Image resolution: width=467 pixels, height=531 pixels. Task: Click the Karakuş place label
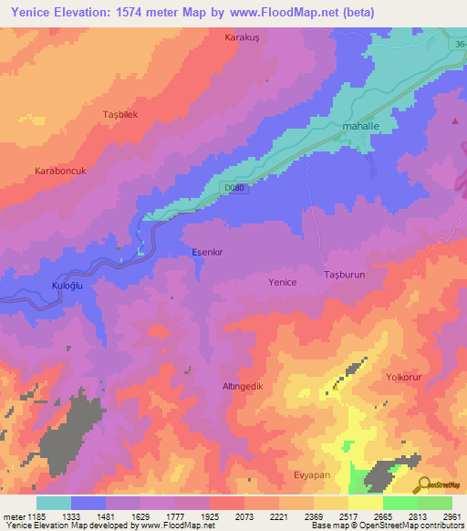point(242,38)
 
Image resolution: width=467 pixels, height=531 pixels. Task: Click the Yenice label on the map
point(282,283)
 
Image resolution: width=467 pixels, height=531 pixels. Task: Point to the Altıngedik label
point(243,387)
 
